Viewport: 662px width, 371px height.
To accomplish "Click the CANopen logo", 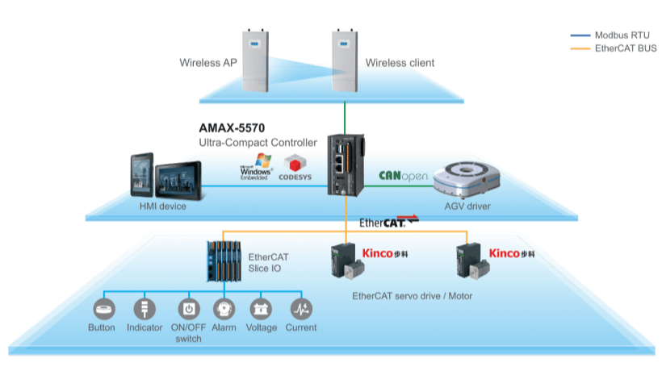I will [x=403, y=176].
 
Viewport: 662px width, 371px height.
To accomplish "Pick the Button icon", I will [x=104, y=309].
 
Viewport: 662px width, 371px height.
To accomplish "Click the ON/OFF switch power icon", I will [x=188, y=309].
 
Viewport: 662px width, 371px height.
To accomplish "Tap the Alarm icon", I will [x=224, y=309].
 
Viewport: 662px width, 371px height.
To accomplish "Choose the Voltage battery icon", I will [x=261, y=309].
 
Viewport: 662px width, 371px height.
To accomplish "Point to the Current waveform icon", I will [x=300, y=309].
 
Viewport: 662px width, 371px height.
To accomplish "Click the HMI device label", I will [x=162, y=206].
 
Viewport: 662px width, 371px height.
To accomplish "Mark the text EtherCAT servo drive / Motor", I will [x=412, y=296].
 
